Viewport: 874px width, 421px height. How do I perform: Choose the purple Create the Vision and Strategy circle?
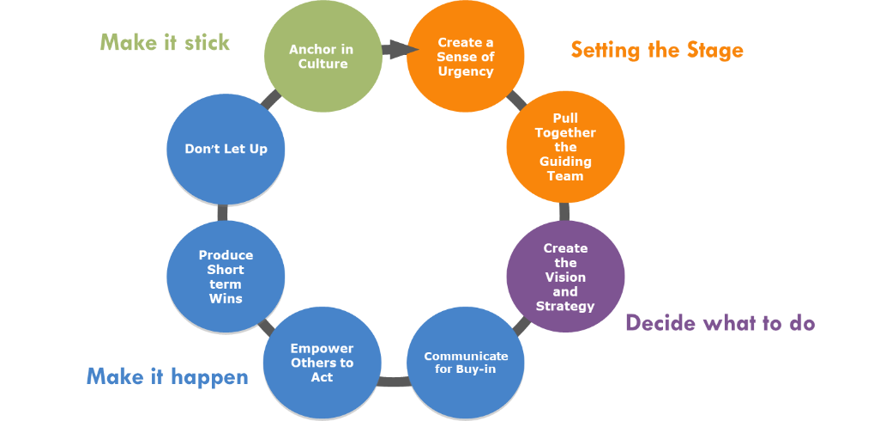point(565,277)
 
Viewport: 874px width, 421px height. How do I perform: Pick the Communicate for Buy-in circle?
point(466,362)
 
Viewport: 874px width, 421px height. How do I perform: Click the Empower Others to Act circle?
point(322,362)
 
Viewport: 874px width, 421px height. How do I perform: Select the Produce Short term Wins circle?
point(226,277)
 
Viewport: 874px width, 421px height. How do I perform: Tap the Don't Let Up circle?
point(226,149)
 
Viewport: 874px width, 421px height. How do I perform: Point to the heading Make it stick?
point(165,42)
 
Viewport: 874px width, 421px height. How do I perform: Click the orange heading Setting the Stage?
point(657,50)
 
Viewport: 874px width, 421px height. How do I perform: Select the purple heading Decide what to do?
point(720,323)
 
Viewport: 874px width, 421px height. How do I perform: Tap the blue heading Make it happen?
point(167,376)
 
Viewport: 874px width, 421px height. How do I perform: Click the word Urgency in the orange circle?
point(466,71)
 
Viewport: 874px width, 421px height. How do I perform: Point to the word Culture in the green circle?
point(322,64)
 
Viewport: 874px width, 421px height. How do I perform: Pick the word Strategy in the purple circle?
point(565,306)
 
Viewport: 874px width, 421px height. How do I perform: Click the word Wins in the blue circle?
point(226,298)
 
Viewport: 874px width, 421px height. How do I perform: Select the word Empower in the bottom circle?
point(322,348)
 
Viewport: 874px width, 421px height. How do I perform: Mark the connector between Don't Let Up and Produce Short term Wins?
point(222,212)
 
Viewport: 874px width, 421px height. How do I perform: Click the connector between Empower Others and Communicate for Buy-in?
point(394,381)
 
